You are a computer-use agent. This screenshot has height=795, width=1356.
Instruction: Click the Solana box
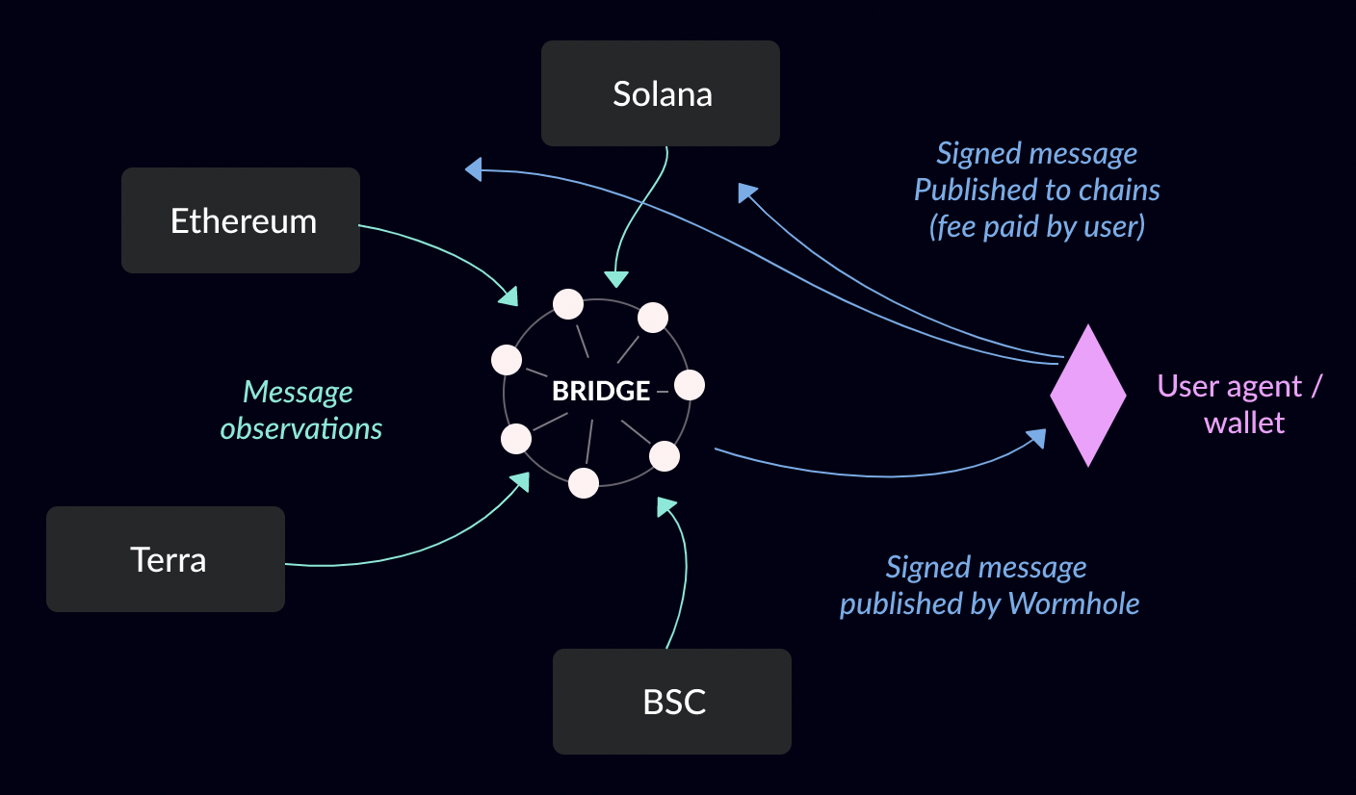tap(661, 93)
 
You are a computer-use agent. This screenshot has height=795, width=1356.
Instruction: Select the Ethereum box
tap(241, 220)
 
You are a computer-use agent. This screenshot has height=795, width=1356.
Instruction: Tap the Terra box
tap(166, 559)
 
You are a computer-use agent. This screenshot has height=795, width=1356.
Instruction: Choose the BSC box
tap(672, 702)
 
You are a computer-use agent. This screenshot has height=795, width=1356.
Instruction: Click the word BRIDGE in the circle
tap(601, 391)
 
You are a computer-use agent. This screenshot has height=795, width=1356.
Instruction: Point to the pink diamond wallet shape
tap(1088, 395)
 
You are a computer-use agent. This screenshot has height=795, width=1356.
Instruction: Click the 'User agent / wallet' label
tap(1240, 404)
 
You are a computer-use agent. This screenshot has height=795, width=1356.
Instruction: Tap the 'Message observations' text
tap(300, 410)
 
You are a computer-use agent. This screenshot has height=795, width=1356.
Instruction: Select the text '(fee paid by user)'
tap(1037, 227)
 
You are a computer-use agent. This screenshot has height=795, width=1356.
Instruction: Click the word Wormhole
tap(1074, 603)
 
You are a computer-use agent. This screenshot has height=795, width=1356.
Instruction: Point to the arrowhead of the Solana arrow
tap(616, 279)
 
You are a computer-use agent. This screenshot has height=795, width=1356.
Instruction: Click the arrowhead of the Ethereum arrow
tap(508, 296)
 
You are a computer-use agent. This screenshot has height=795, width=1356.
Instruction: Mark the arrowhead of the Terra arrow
tap(520, 482)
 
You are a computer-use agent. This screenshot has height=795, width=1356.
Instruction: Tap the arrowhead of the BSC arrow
tap(665, 506)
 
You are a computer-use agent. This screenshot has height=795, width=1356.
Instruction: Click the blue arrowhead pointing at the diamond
tap(1036, 438)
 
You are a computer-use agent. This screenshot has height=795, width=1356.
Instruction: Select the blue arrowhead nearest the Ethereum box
tap(474, 169)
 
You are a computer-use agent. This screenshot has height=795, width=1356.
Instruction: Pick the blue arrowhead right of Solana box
tap(747, 192)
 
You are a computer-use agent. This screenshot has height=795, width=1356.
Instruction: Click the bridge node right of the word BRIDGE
tap(690, 385)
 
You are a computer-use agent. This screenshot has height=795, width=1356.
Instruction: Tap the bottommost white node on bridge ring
tap(584, 483)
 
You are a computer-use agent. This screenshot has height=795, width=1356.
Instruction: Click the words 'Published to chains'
tap(1037, 190)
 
